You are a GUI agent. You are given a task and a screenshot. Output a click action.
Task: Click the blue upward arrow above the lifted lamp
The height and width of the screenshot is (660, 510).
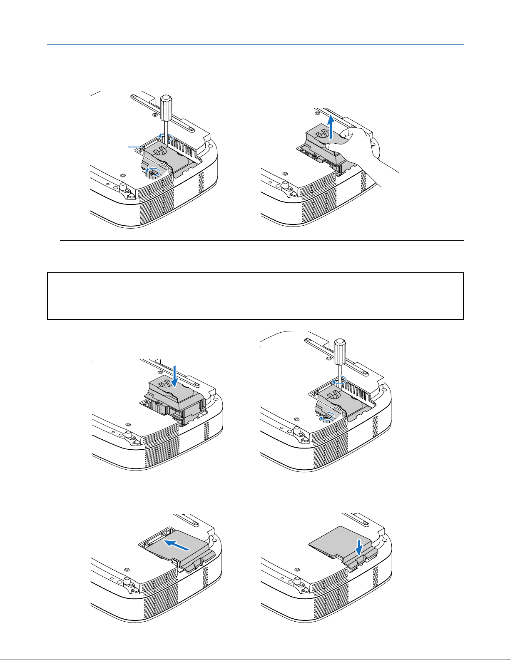[331, 127]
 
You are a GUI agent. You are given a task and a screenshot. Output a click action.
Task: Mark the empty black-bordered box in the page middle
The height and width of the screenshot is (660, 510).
[255, 296]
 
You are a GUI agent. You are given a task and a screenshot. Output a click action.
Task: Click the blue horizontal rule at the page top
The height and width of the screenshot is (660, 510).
[255, 44]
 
